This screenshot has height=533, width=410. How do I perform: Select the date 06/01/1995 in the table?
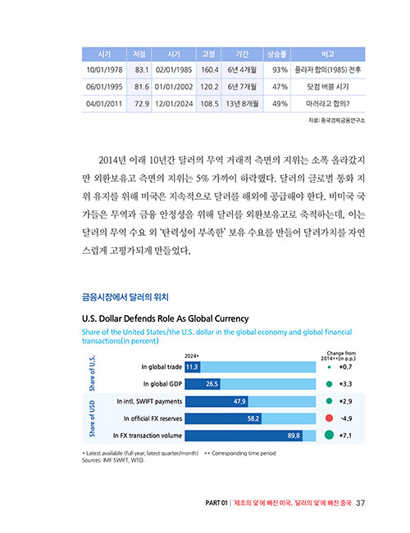click(104, 87)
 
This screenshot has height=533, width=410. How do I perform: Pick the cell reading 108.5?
click(209, 104)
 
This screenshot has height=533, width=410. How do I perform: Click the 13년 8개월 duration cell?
click(242, 104)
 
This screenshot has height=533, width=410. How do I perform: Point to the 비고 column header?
click(328, 54)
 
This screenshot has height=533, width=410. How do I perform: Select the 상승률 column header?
click(276, 54)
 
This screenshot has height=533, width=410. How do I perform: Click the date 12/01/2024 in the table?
click(174, 104)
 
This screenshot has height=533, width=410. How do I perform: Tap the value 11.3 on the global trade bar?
click(192, 367)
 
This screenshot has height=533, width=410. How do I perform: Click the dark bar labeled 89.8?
click(244, 436)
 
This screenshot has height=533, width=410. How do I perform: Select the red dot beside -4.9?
click(329, 418)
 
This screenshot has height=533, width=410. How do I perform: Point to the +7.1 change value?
click(345, 436)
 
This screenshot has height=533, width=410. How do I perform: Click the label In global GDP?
click(162, 384)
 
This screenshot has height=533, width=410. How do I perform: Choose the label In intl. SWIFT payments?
click(149, 401)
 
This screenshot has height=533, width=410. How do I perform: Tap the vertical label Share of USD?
click(92, 418)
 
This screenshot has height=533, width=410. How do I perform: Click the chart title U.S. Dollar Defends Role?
click(166, 318)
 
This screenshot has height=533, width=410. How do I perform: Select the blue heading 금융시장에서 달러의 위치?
click(125, 297)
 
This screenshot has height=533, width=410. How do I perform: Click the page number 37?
click(360, 503)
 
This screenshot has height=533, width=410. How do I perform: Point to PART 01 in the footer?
click(216, 503)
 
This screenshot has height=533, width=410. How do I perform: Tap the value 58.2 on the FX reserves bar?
click(253, 418)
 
